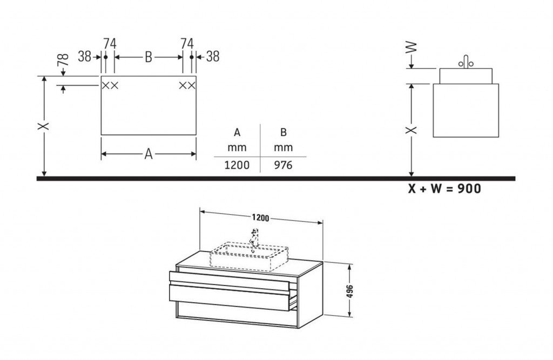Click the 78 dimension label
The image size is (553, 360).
[63, 59]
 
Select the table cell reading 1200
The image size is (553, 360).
[237, 165]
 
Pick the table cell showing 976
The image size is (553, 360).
[283, 165]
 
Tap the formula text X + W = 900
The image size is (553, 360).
[444, 189]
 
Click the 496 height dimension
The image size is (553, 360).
[349, 291]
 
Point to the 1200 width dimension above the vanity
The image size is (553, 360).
[260, 218]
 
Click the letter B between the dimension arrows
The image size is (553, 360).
[149, 57]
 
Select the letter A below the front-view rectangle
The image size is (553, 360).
[149, 154]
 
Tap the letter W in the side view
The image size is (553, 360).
[411, 47]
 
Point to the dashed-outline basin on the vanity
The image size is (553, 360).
[249, 256]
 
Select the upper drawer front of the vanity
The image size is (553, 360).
[229, 281]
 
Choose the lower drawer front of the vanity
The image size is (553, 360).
[229, 297]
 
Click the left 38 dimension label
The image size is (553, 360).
[85, 57]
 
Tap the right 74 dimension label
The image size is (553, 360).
[187, 44]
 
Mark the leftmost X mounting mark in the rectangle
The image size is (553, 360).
[105, 85]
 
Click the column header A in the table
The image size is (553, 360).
[237, 133]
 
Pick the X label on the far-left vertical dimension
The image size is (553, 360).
[44, 126]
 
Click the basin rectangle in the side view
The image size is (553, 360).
[466, 76]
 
